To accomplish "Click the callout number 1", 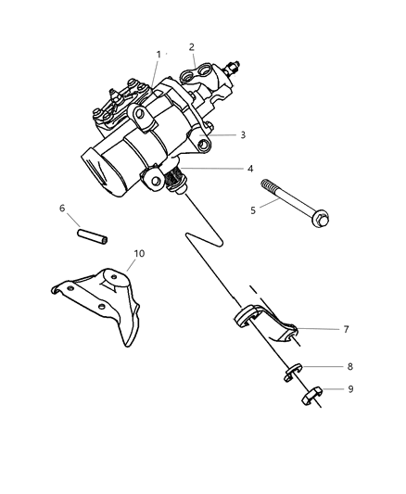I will pyautogui.click(x=159, y=55).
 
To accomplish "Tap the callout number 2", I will pyautogui.click(x=192, y=46).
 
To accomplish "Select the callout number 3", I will pyautogui.click(x=243, y=134).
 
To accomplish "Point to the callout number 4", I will pyautogui.click(x=250, y=169).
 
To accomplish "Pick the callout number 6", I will pyautogui.click(x=63, y=209).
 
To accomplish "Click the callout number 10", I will pyautogui.click(x=140, y=253).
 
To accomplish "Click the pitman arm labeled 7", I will pyautogui.click(x=264, y=325).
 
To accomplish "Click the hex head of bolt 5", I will pyautogui.click(x=321, y=220).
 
